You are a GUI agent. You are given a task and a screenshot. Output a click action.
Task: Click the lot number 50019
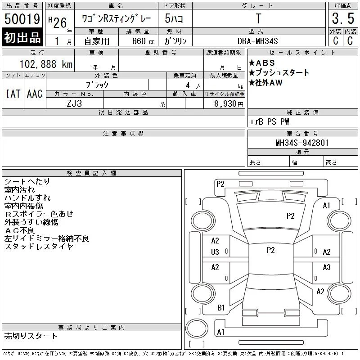[x=22, y=19]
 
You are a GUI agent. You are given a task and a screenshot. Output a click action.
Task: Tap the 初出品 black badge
[x=22, y=37]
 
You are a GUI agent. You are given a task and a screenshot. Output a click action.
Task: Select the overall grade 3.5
[x=343, y=18]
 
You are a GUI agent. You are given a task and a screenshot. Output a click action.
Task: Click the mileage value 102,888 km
[x=46, y=64]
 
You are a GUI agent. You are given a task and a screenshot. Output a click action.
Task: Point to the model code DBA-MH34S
[x=257, y=41]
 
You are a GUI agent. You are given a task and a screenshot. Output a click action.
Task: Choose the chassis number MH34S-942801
[x=302, y=143]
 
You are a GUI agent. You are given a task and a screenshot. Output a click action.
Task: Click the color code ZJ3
[x=74, y=103]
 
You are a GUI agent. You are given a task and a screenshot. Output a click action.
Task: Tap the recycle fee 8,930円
[x=229, y=104]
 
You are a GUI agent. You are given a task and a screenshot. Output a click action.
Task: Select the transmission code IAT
[x=13, y=94]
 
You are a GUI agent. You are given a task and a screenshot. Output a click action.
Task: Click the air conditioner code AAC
[x=35, y=94]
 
